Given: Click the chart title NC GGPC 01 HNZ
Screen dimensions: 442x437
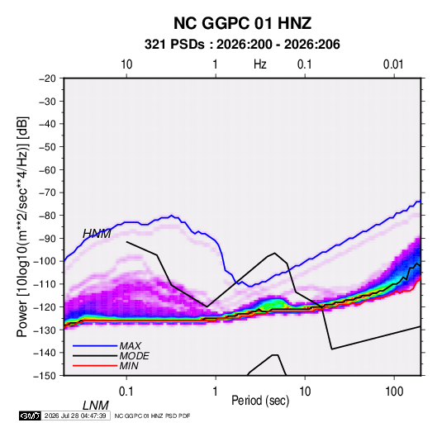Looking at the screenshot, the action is pos(242,23).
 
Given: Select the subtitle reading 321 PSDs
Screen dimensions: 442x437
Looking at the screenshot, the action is pos(174,45).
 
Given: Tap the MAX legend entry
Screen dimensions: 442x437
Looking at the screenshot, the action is pos(130,345).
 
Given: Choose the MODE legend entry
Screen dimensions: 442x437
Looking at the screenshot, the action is pos(134,356).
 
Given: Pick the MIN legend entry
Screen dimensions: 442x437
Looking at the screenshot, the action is pos(129,366).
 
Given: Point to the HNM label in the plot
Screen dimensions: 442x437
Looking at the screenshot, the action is pos(97,234).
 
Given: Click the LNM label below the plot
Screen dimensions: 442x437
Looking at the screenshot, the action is pos(96,406).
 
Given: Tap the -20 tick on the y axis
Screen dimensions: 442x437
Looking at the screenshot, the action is pos(47,78).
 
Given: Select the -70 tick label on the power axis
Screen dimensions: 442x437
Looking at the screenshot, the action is pos(47,192).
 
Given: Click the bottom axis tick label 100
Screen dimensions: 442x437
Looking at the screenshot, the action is pos(394,392).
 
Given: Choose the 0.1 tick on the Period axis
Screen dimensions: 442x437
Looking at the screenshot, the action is pos(126,392).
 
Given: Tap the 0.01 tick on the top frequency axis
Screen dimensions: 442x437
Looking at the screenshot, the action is pos(393,64).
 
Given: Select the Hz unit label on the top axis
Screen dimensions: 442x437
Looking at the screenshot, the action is pos(260,64).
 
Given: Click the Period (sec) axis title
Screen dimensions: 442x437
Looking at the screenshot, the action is pos(260,401).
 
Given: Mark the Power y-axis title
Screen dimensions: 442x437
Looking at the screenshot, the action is pos(22,227).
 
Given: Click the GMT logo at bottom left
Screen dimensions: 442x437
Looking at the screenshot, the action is pos(30,416).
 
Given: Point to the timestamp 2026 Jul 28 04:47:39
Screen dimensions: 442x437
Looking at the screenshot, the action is pos(75,416).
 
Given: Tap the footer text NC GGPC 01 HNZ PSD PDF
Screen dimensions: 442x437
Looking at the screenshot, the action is pos(153,416).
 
